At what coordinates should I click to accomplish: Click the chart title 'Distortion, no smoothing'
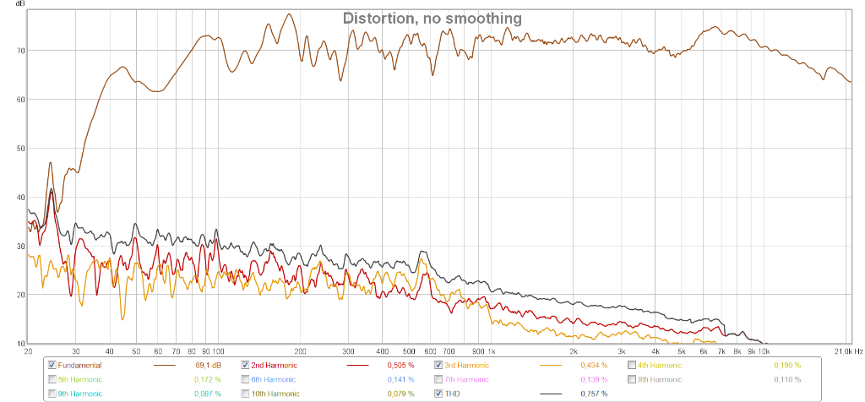432,18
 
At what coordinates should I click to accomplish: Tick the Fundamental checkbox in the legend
52,365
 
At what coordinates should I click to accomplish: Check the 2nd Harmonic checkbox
246,365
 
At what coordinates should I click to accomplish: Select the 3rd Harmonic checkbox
438,365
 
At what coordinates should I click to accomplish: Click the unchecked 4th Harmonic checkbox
632,365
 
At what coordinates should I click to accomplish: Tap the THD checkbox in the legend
438,394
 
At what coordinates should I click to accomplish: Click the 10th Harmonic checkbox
246,394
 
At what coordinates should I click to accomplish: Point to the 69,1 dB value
209,365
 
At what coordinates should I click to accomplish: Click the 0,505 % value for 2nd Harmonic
401,365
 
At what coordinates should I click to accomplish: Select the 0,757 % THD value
594,394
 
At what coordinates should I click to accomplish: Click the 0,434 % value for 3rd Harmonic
594,365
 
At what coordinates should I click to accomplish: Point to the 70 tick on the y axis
20,50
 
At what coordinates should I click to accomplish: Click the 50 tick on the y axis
20,148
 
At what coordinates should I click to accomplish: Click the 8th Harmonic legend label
660,379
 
